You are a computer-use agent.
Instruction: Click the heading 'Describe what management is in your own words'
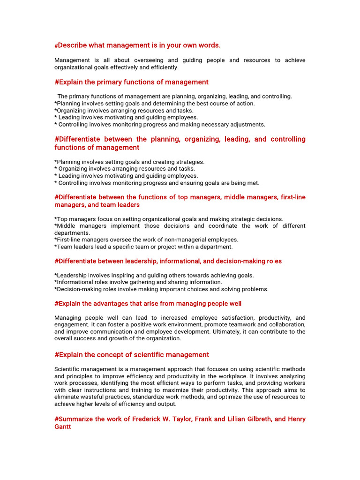point(137,45)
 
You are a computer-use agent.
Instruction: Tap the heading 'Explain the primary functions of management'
point(131,82)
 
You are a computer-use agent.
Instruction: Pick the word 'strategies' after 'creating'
point(189,162)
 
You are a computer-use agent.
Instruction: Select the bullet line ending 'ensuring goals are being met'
point(157,183)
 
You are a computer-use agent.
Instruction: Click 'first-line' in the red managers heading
point(291,197)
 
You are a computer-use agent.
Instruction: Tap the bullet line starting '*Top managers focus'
point(169,219)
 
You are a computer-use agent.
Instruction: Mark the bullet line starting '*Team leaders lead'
point(143,247)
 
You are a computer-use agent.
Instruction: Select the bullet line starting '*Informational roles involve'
point(138,282)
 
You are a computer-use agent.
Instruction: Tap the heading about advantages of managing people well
point(148,304)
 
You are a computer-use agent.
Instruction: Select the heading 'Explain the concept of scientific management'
point(132,355)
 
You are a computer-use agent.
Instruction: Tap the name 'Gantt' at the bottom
point(63,427)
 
